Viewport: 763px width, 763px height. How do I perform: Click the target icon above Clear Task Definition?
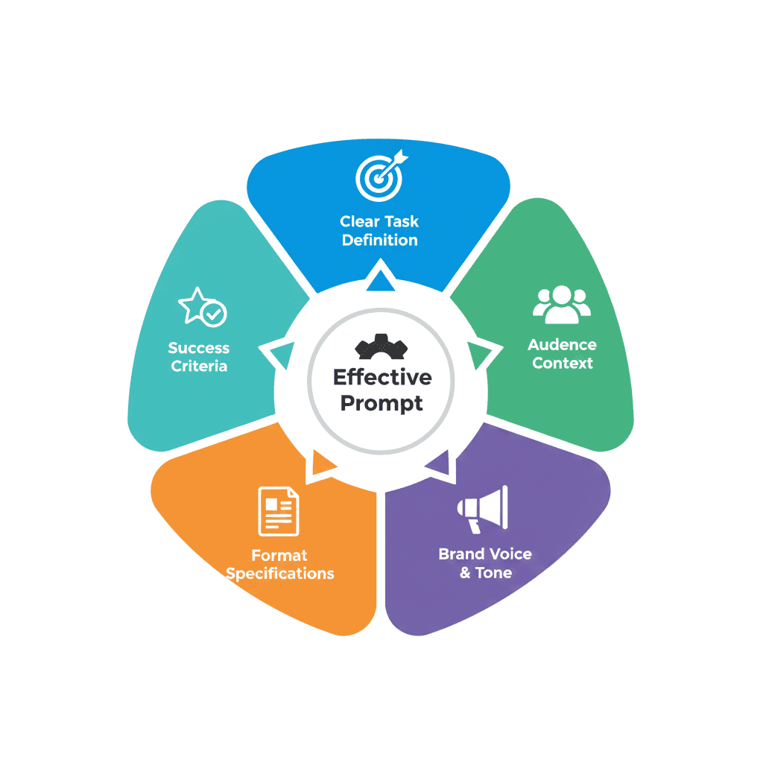[380, 177]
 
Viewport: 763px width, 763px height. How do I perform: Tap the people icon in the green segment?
[561, 304]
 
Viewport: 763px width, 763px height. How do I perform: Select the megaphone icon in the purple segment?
[483, 508]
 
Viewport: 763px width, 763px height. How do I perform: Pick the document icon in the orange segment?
[278, 511]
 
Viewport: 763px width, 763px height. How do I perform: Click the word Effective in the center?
[381, 377]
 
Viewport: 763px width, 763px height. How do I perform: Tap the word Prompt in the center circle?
[381, 403]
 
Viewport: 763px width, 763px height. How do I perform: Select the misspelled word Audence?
[562, 345]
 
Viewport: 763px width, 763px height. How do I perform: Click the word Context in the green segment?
[563, 364]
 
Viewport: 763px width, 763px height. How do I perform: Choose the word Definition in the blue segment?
[380, 240]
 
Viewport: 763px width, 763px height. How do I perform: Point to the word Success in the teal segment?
[199, 348]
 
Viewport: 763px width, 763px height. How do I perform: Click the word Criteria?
[199, 366]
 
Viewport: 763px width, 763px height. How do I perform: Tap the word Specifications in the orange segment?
[279, 574]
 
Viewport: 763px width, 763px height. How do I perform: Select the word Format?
[279, 555]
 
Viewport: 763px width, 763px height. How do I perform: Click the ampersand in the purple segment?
[465, 573]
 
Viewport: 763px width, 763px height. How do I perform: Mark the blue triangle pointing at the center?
[381, 279]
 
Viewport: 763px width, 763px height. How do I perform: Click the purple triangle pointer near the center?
[440, 464]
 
